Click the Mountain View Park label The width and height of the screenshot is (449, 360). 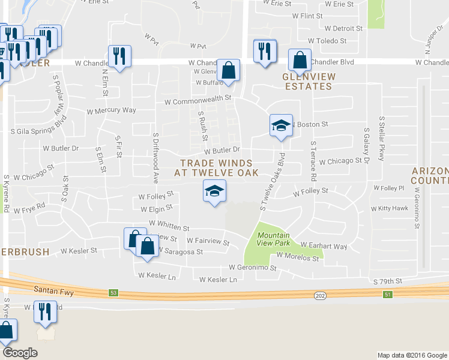(x=273, y=239)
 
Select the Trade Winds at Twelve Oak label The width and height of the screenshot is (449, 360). (x=216, y=167)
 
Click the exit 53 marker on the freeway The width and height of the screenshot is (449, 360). (x=113, y=293)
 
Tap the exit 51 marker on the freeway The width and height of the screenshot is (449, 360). (x=388, y=293)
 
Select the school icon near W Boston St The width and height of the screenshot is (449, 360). (x=280, y=125)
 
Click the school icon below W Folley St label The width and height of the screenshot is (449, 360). (x=214, y=191)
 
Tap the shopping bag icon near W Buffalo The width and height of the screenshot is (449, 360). (x=228, y=70)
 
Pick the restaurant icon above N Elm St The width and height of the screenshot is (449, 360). (x=119, y=56)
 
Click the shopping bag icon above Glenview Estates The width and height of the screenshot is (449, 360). (x=300, y=60)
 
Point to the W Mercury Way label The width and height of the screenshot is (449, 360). (x=112, y=110)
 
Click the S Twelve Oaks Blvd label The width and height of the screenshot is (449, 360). (x=272, y=181)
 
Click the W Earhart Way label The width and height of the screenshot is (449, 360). (x=324, y=247)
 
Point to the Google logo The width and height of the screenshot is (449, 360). (x=20, y=353)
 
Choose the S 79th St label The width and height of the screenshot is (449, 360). (x=387, y=281)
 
